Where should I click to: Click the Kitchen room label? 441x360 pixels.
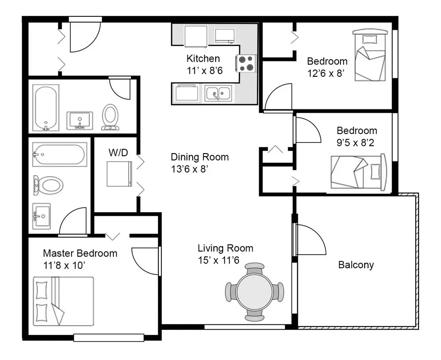pyautogui.click(x=203, y=59)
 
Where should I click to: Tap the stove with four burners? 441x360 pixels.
pyautogui.click(x=246, y=63)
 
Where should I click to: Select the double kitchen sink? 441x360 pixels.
pyautogui.click(x=218, y=93)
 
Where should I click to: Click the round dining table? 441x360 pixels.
pyautogui.click(x=254, y=292)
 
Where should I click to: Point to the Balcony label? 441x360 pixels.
pyautogui.click(x=356, y=265)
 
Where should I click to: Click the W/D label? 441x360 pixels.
pyautogui.click(x=118, y=153)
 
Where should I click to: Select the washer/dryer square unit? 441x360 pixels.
pyautogui.click(x=119, y=174)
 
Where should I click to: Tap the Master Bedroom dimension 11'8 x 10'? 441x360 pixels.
pyautogui.click(x=64, y=266)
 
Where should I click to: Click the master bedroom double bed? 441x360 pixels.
pyautogui.click(x=64, y=301)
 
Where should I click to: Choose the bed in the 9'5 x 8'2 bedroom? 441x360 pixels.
pyautogui.click(x=359, y=172)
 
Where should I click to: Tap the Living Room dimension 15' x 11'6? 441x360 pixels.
pyautogui.click(x=219, y=260)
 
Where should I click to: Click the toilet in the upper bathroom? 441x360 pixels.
pyautogui.click(x=110, y=117)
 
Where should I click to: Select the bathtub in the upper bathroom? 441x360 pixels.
pyautogui.click(x=46, y=108)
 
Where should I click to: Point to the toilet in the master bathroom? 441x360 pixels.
pyautogui.click(x=48, y=185)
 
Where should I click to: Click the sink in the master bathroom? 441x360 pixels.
pyautogui.click(x=41, y=216)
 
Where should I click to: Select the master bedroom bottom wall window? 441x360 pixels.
pyautogui.click(x=109, y=337)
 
